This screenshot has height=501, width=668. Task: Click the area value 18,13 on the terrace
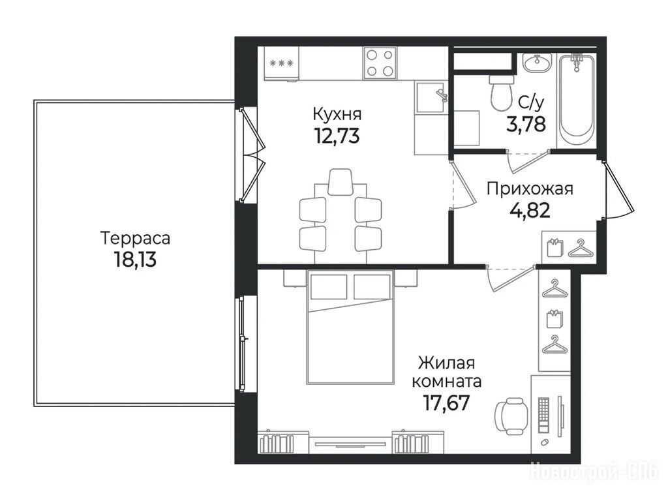click(135, 259)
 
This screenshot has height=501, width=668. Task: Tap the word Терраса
click(135, 238)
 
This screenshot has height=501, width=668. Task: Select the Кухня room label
click(337, 115)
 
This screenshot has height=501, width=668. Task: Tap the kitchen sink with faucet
click(431, 97)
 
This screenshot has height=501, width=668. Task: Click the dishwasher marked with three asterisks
click(281, 63)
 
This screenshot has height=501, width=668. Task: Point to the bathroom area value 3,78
click(526, 124)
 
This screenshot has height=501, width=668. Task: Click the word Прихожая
click(530, 189)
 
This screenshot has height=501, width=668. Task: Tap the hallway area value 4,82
click(530, 210)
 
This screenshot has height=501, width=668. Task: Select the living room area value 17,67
click(446, 402)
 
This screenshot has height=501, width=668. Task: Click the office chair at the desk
click(511, 416)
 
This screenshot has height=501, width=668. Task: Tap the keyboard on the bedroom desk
click(544, 416)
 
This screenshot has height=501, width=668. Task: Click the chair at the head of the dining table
click(340, 182)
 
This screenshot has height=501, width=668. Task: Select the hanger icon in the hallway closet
click(581, 250)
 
